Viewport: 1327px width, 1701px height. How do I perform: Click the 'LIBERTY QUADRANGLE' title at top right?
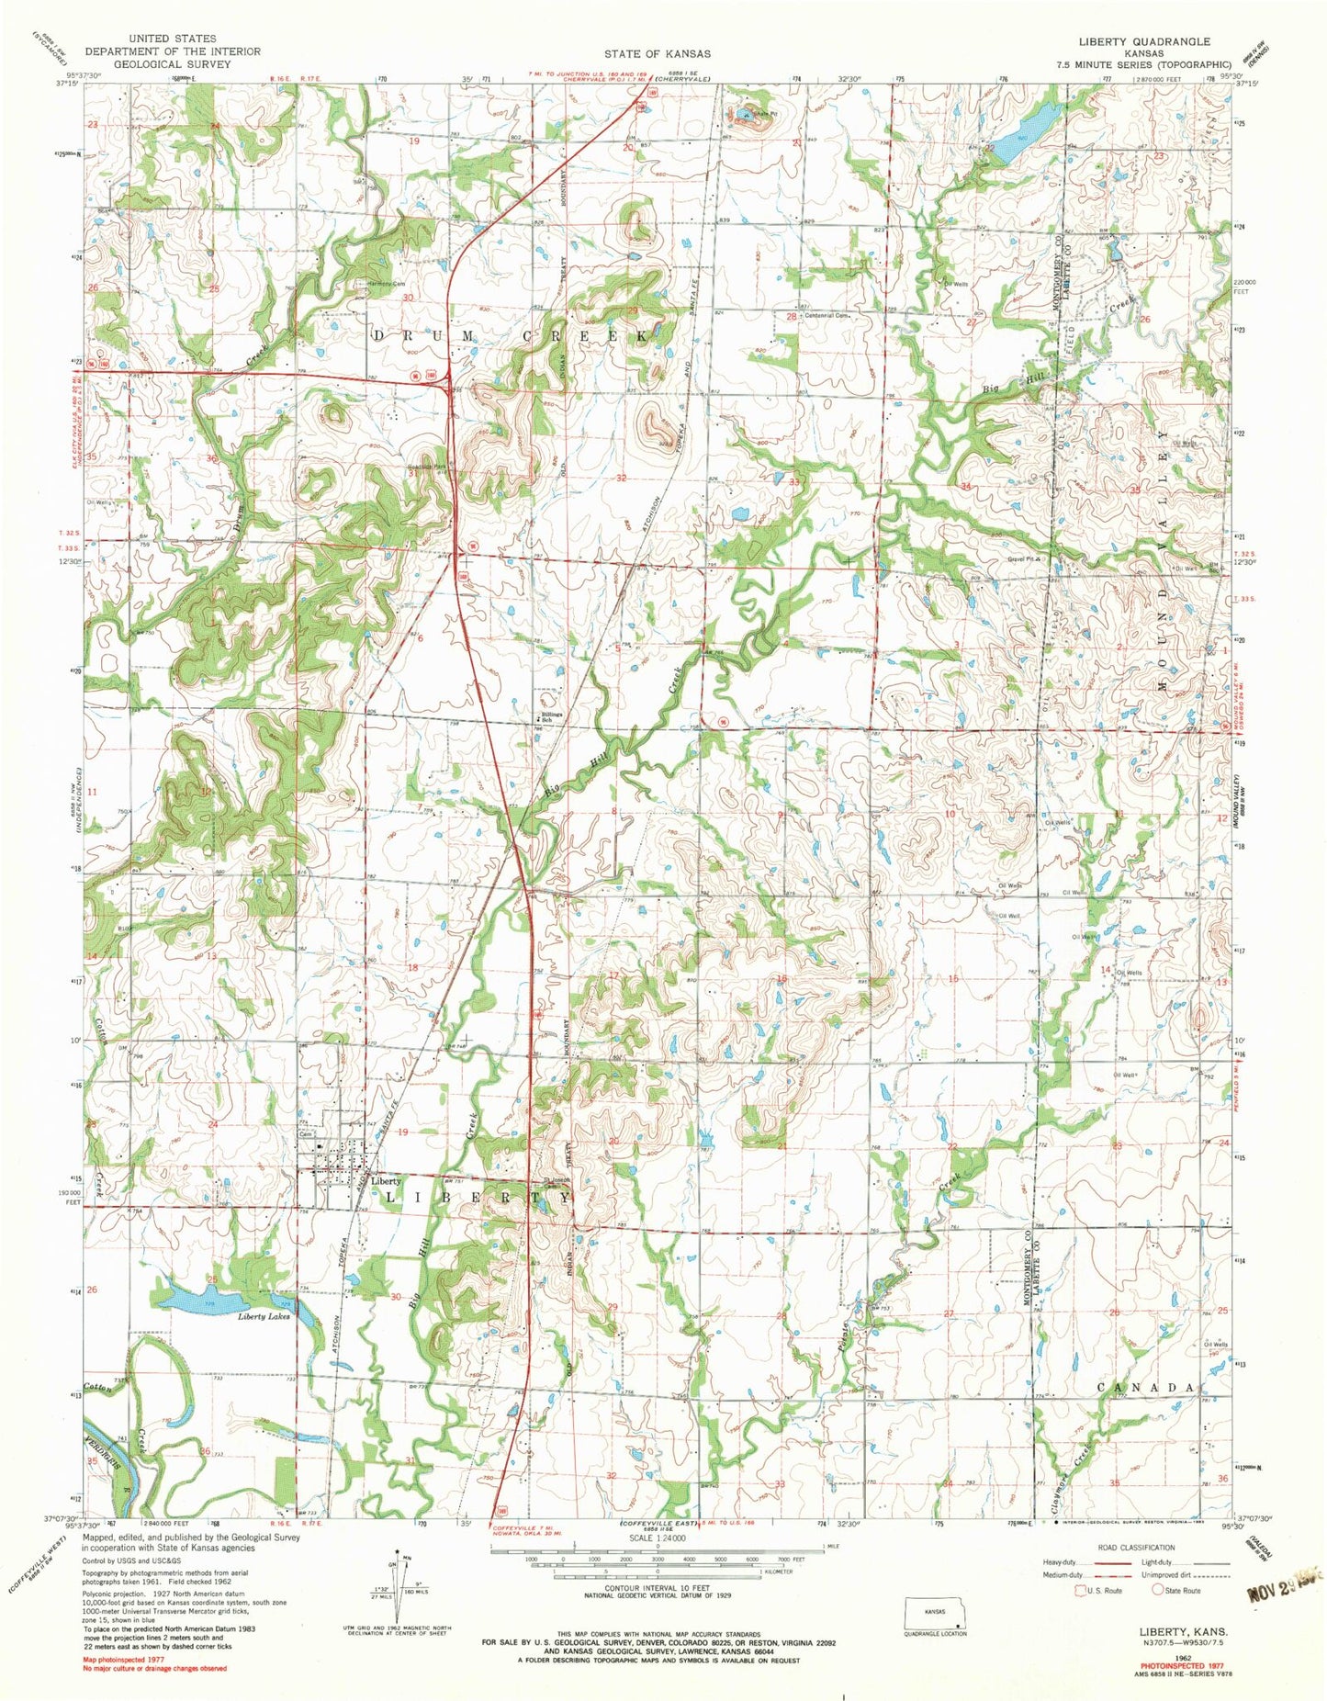click(1152, 42)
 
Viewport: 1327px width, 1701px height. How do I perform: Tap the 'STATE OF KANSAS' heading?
click(657, 54)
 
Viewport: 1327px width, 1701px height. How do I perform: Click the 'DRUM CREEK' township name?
click(510, 336)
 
